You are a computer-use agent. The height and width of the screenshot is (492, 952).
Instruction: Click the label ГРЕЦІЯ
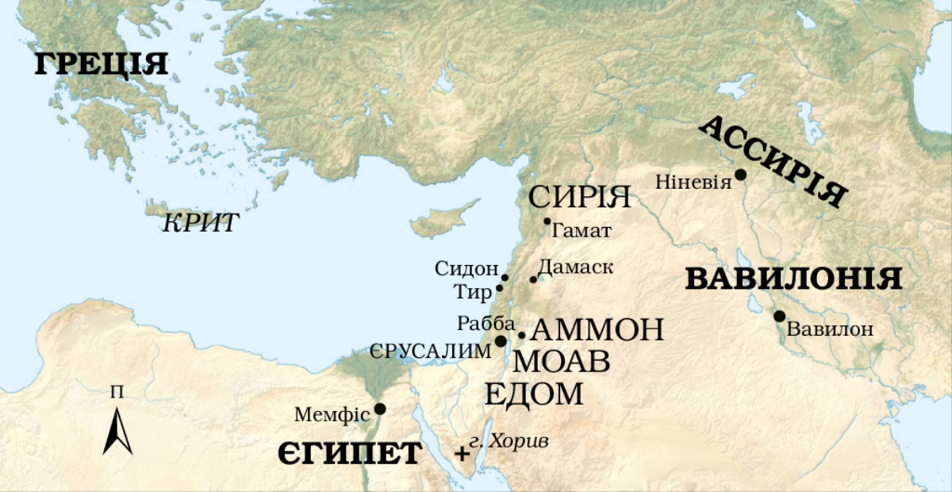tap(101, 64)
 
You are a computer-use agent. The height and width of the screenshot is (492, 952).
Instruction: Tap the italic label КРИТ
tap(200, 223)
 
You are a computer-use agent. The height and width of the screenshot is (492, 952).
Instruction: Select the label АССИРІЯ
tap(773, 162)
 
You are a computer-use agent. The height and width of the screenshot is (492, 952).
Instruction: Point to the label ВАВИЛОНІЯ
tap(793, 279)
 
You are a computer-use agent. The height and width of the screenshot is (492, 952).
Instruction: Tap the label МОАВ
tap(562, 362)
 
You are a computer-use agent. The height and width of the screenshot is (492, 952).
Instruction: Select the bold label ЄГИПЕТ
tap(349, 454)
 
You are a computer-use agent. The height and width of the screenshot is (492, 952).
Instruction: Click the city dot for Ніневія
tap(740, 174)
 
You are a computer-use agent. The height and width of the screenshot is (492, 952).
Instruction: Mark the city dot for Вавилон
tap(780, 316)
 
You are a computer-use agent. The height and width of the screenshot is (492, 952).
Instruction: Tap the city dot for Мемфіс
tap(380, 409)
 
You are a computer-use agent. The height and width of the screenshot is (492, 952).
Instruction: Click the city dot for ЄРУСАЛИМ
tap(501, 341)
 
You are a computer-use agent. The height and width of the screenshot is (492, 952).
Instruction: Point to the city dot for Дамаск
tap(533, 279)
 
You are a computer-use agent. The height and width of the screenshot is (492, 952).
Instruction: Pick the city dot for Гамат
tap(547, 221)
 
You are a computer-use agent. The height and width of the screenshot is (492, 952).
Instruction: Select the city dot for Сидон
tap(505, 278)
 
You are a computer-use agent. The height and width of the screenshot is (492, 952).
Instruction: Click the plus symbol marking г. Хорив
tap(462, 454)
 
